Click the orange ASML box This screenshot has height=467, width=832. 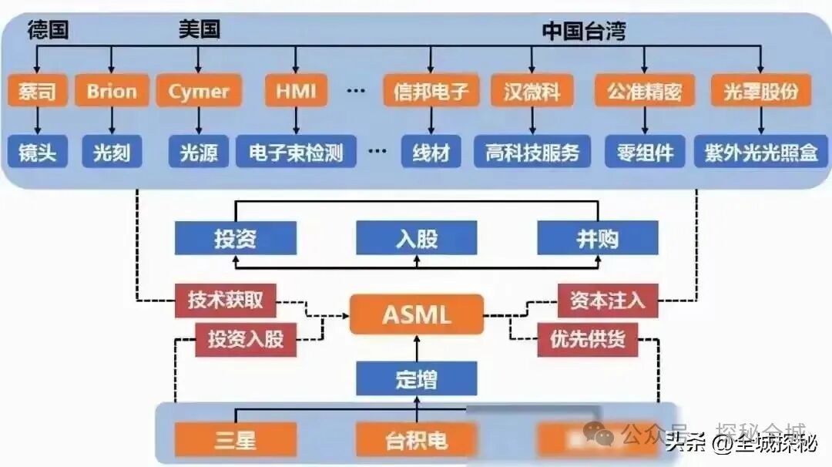pyautogui.click(x=417, y=314)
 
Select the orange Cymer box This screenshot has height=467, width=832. pyautogui.click(x=199, y=91)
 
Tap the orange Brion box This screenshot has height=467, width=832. pyautogui.click(x=112, y=91)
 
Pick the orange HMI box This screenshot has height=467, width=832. pyautogui.click(x=296, y=91)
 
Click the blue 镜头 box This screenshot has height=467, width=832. pyautogui.click(x=37, y=152)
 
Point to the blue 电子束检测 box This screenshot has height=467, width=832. pyautogui.click(x=296, y=152)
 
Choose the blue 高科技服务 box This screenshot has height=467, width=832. pyautogui.click(x=532, y=152)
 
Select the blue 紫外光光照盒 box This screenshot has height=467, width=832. pyautogui.click(x=760, y=152)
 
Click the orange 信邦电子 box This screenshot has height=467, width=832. pyautogui.click(x=431, y=91)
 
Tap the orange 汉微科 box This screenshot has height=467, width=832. pyautogui.click(x=532, y=91)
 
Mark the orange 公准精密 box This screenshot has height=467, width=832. pyautogui.click(x=645, y=91)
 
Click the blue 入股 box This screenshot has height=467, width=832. pyautogui.click(x=417, y=238)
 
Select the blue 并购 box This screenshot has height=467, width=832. pyautogui.click(x=598, y=238)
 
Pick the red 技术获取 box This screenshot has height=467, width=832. pyautogui.click(x=226, y=300)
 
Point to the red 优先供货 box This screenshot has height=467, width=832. pyautogui.click(x=588, y=339)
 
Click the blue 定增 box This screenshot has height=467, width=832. pyautogui.click(x=417, y=379)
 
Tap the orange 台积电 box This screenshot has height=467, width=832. pyautogui.click(x=417, y=440)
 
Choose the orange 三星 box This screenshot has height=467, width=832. pyautogui.click(x=235, y=440)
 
